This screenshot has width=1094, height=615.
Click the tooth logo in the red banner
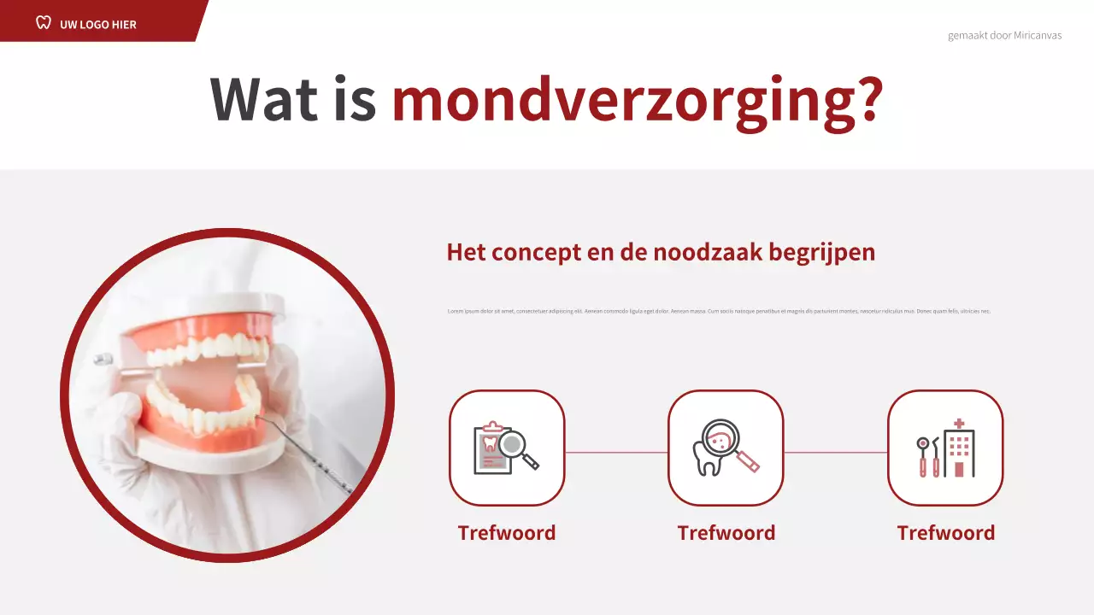44,22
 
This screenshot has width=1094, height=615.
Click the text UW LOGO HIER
98,24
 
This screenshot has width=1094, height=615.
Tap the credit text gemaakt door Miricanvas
1004,36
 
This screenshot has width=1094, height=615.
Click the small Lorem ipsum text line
719,311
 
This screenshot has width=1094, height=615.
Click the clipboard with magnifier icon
507,448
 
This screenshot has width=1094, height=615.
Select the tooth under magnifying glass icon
726,448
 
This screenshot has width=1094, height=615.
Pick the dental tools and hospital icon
945,448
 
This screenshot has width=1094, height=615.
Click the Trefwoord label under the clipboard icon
507,533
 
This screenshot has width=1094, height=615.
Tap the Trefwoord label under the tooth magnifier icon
726,533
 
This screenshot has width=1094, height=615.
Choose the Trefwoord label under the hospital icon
945,533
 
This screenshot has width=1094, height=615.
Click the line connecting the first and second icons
616,452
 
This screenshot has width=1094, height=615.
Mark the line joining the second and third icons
835,452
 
